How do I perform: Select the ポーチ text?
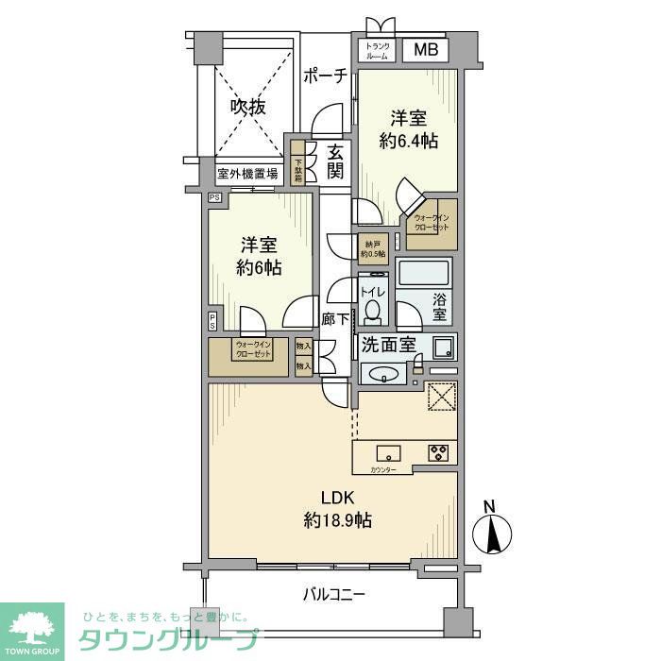coord(326,76)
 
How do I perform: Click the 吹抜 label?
coord(248,108)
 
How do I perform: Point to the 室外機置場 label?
coord(247,174)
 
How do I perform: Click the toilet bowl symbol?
coord(373,308)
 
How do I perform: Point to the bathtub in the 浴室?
coord(426,276)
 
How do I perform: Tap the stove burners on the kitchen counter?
coord(439,452)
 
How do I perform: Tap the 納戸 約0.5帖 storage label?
coord(374,247)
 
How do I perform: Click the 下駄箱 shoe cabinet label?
coord(298,166)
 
